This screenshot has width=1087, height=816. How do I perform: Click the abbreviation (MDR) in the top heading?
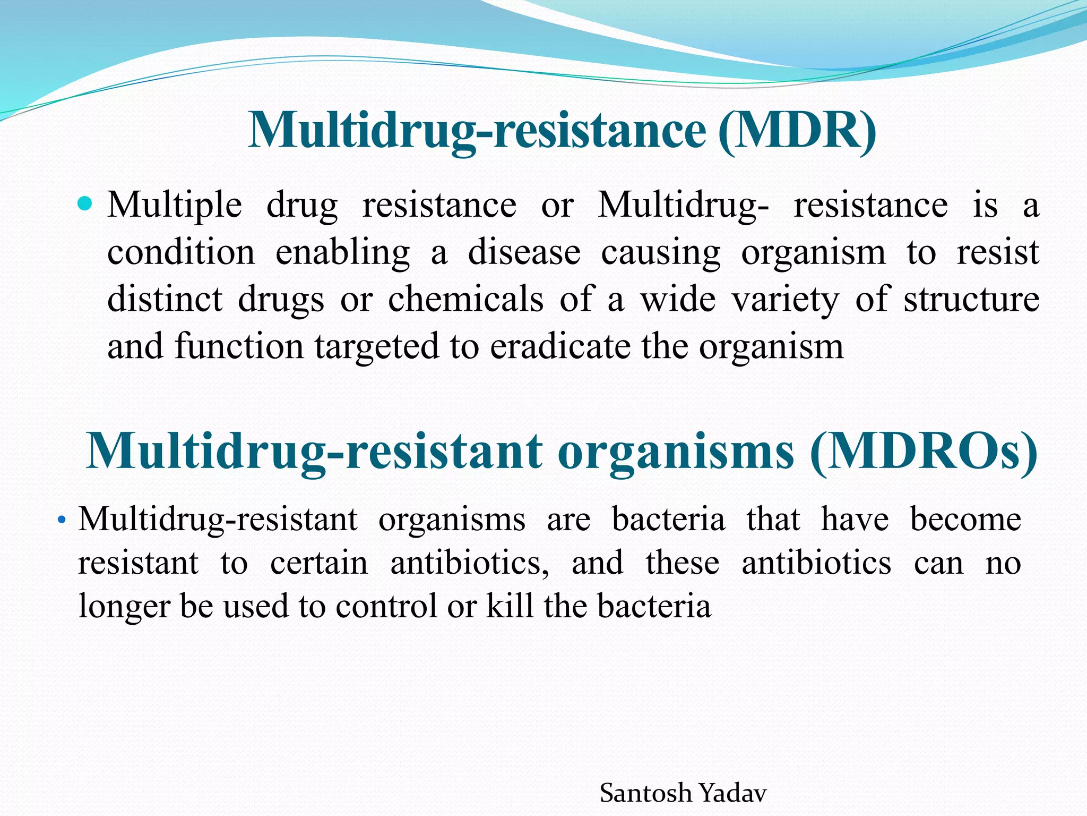(797, 130)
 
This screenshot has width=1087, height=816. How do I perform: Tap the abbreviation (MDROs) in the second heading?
(924, 452)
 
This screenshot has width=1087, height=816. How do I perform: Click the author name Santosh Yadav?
(683, 794)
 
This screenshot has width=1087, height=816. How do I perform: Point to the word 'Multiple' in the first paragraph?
(175, 206)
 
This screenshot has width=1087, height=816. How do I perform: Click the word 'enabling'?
(342, 253)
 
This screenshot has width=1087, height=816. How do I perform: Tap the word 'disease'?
(524, 253)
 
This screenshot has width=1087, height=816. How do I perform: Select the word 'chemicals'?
(465, 299)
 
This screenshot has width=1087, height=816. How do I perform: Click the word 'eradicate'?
(560, 347)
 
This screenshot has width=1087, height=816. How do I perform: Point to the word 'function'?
(239, 347)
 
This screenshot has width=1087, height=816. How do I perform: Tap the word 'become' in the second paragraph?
(965, 519)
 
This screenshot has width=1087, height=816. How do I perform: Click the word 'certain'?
(318, 563)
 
